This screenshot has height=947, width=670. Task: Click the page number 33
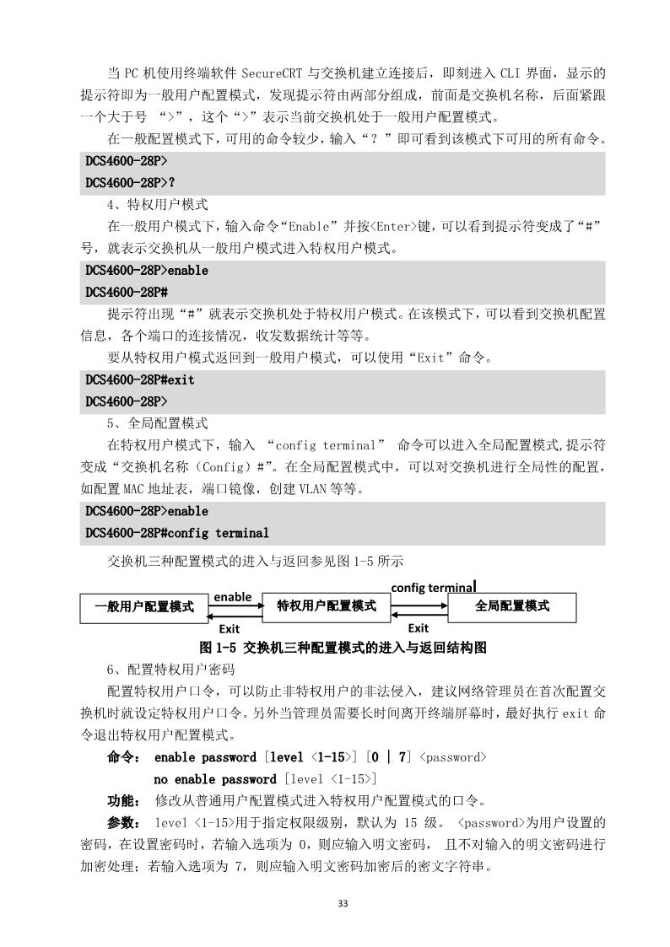click(x=342, y=903)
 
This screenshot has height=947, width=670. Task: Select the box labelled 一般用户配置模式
click(x=144, y=606)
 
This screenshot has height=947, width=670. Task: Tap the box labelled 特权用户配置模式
click(x=327, y=606)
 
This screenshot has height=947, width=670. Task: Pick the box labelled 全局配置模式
click(x=512, y=606)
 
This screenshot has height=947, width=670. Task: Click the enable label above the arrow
click(x=232, y=596)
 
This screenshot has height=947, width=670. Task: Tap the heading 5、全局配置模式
click(x=157, y=423)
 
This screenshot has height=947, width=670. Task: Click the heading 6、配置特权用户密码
click(x=165, y=670)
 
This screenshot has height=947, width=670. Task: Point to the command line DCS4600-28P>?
click(x=131, y=182)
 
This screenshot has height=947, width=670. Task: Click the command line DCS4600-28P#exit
click(x=139, y=379)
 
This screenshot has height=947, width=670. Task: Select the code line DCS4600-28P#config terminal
click(x=177, y=533)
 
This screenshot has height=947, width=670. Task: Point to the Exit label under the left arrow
click(x=229, y=629)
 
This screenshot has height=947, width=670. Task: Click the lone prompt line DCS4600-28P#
click(x=127, y=292)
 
